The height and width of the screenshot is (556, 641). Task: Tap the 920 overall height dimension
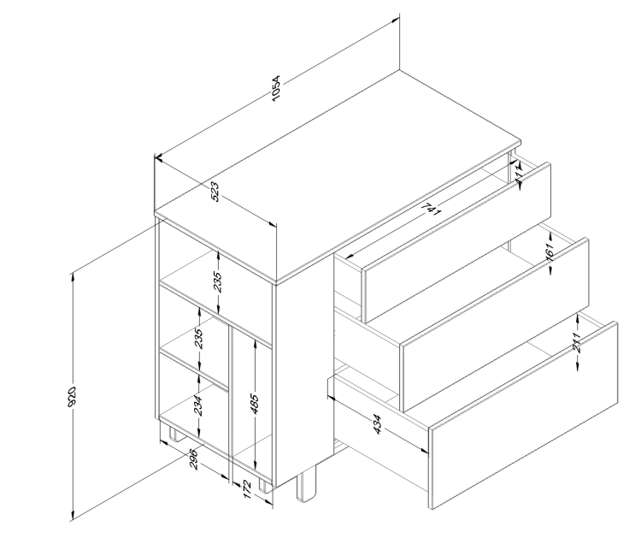pos(74,395)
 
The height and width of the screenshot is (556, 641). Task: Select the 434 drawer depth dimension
pos(377,424)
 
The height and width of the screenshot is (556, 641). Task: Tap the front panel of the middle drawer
pos(496,325)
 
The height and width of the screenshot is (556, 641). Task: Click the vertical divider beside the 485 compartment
pos(232,402)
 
